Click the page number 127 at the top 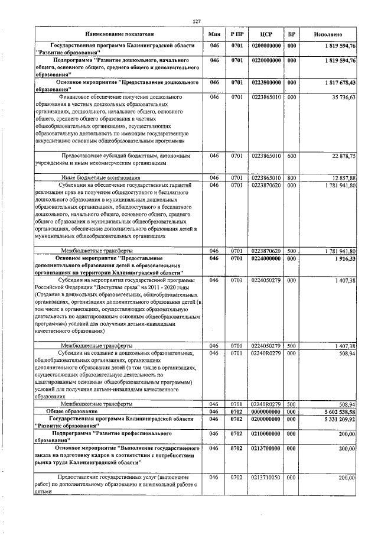(197, 22)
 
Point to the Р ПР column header (237, 34)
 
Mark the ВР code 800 (291, 177)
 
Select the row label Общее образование (72, 411)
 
